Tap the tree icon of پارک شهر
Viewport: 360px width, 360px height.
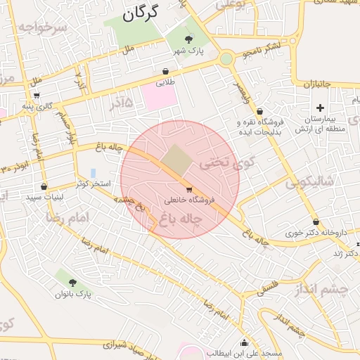(188, 39)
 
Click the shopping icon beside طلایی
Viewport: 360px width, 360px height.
(165, 71)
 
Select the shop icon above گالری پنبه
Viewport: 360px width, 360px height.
(37, 96)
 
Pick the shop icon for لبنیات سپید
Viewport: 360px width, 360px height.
(44, 187)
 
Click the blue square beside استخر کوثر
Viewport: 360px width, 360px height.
(94, 173)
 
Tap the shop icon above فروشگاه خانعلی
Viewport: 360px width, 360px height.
(188, 190)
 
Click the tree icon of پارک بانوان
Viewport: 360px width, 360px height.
(72, 283)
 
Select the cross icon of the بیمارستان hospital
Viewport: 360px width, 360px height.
(321, 108)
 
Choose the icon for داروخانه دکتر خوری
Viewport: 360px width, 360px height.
(316, 222)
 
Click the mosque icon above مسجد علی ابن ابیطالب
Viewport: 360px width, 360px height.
(244, 342)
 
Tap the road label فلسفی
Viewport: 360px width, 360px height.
(266, 288)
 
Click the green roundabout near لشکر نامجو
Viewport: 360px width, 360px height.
(226, 59)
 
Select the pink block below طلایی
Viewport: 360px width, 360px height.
(160, 96)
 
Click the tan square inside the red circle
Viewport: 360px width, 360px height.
(178, 161)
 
